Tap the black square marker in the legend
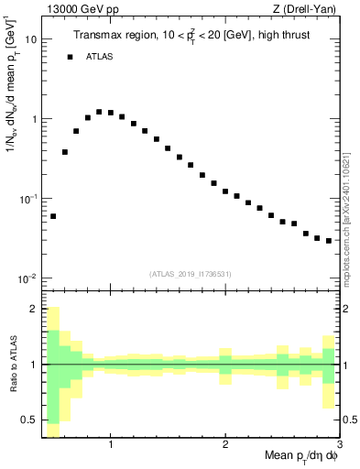pyautogui.click(x=70, y=57)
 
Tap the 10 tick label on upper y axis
pyautogui.click(x=30, y=40)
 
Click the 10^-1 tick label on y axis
pyautogui.click(x=28, y=199)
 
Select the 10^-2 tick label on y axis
pyautogui.click(x=28, y=278)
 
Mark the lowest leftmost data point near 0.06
pyautogui.click(x=53, y=216)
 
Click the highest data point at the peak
pyautogui.click(x=99, y=112)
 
